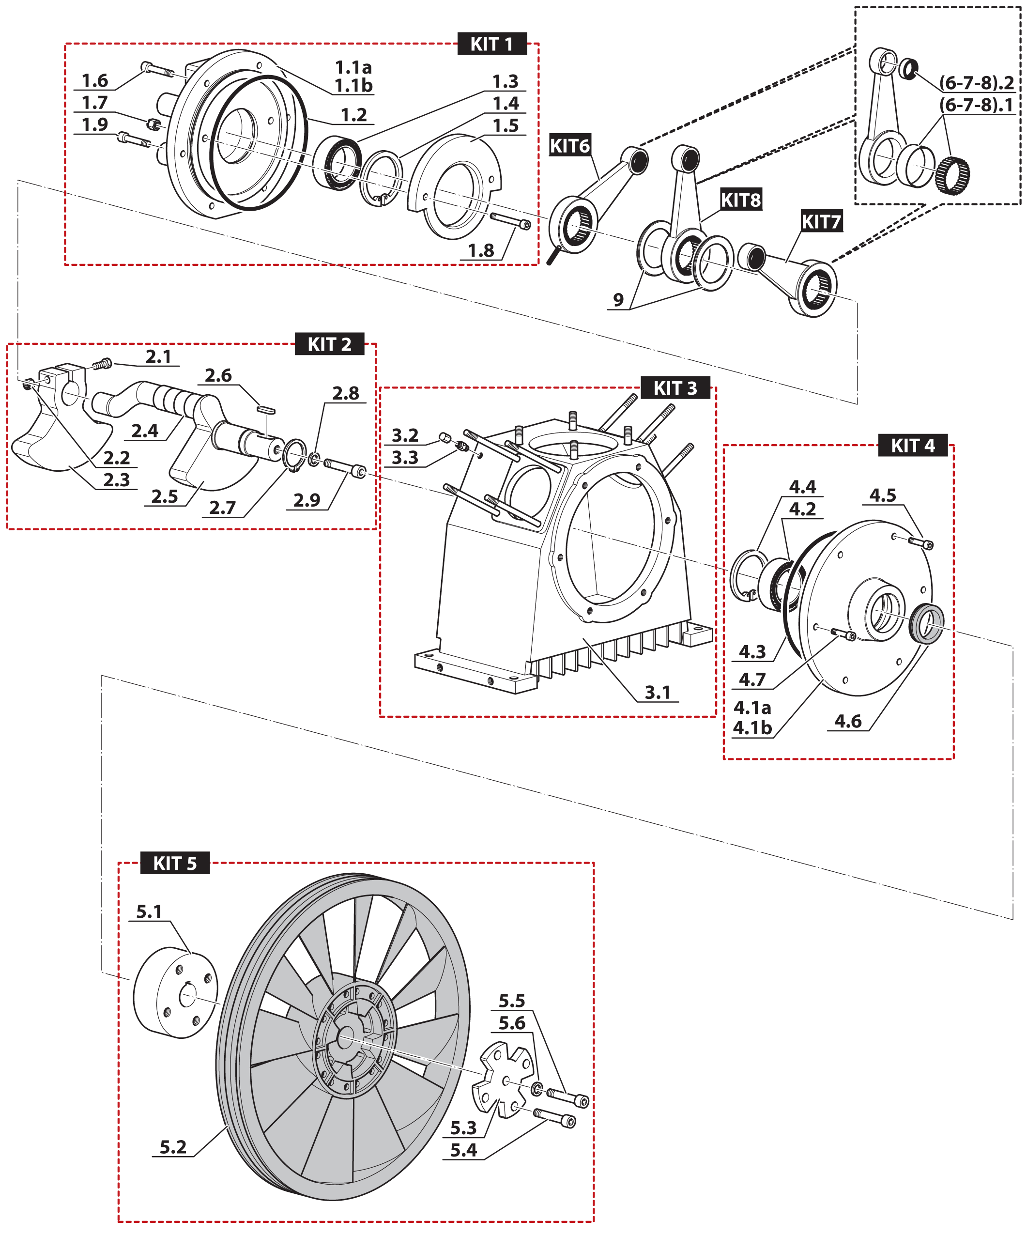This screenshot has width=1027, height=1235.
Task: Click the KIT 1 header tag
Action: pyautogui.click(x=491, y=44)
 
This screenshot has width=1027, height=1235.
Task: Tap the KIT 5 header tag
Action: pyautogui.click(x=175, y=864)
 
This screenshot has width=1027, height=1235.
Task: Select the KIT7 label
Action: pyautogui.click(x=821, y=222)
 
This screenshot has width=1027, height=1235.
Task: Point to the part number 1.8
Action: pyautogui.click(x=480, y=251)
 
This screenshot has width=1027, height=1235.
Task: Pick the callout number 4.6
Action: pyautogui.click(x=848, y=721)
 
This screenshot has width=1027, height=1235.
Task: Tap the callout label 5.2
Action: pyautogui.click(x=173, y=1147)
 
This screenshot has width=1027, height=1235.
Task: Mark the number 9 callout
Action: pyautogui.click(x=618, y=300)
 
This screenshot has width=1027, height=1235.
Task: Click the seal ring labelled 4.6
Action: pyautogui.click(x=926, y=623)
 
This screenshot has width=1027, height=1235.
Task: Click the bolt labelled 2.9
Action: pyautogui.click(x=344, y=467)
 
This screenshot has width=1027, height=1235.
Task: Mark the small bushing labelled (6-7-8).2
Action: pyautogui.click(x=908, y=69)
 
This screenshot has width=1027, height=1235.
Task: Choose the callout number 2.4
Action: pyautogui.click(x=145, y=431)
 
